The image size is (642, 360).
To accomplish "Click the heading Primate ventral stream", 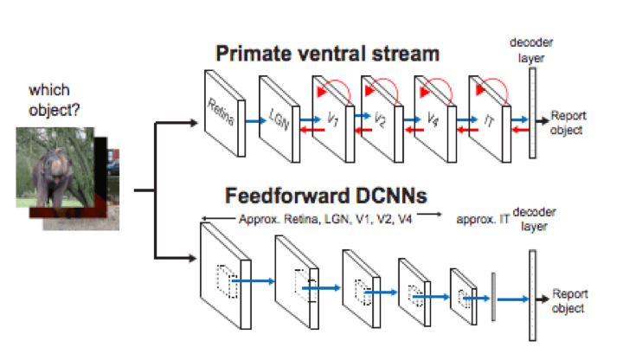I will coord(327,54).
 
